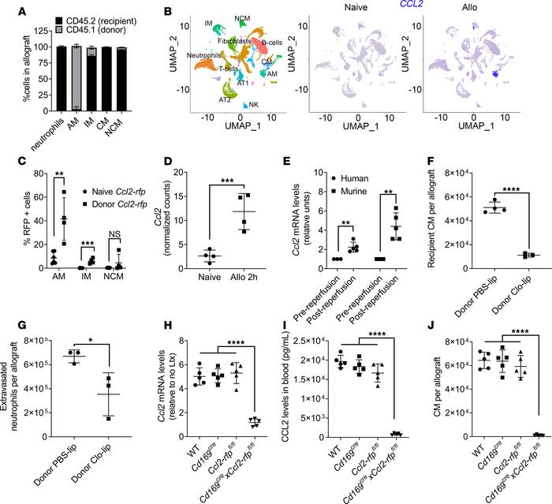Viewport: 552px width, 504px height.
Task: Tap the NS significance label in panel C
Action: (x=117, y=221)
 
